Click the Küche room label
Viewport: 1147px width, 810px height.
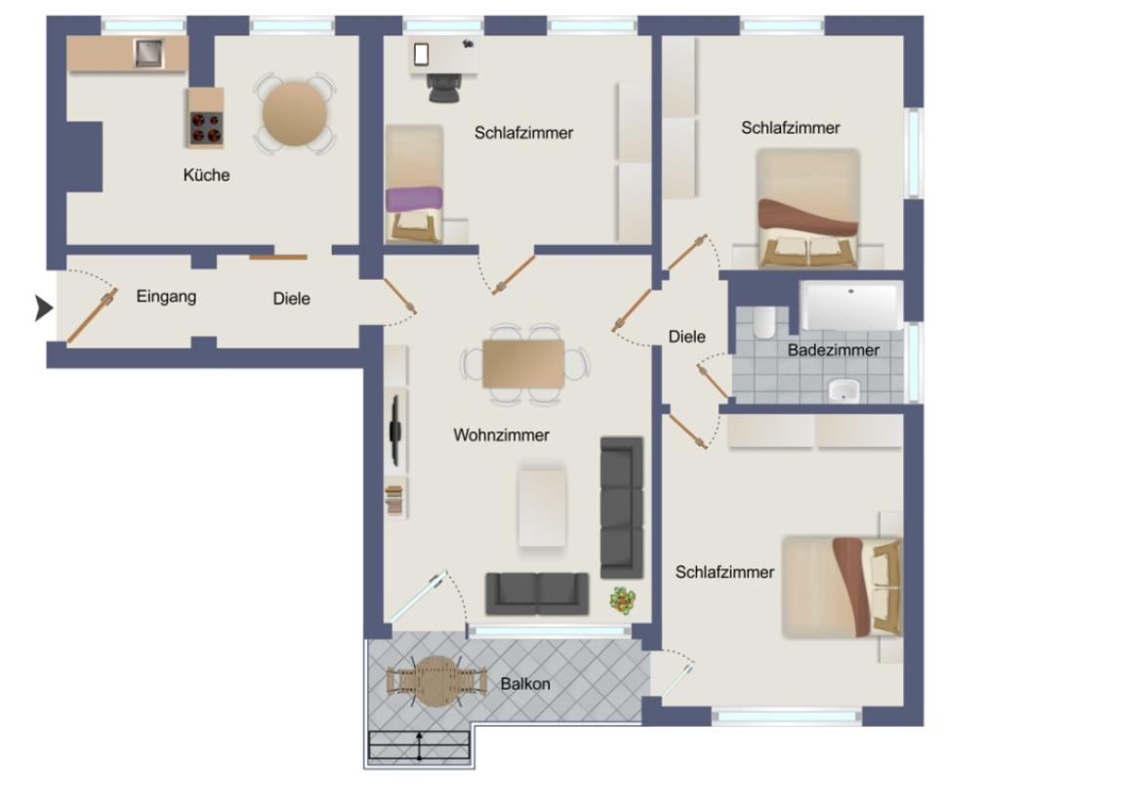[x=207, y=176]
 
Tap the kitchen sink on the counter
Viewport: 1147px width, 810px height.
[x=148, y=53]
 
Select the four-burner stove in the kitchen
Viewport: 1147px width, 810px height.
[x=205, y=128]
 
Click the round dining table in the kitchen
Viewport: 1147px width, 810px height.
[x=295, y=113]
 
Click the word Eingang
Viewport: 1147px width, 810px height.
[x=166, y=297]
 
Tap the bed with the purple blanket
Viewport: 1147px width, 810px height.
[x=414, y=199]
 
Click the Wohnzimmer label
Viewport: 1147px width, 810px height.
[x=501, y=435]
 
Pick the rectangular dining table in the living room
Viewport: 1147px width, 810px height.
[x=523, y=364]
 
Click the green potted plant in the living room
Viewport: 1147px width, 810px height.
[x=622, y=599]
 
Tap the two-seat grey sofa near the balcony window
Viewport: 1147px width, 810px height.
[x=537, y=592]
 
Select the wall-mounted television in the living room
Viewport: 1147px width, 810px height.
[x=395, y=428]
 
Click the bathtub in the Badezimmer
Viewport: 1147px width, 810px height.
[x=850, y=305]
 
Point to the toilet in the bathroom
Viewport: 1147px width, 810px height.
[x=764, y=321]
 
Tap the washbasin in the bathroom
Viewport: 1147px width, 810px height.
[x=842, y=391]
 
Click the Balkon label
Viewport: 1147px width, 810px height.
[x=525, y=684]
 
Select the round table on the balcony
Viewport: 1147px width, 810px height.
[x=437, y=680]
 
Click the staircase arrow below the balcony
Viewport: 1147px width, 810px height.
[x=419, y=746]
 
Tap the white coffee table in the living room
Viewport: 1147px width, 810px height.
[x=542, y=506]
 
